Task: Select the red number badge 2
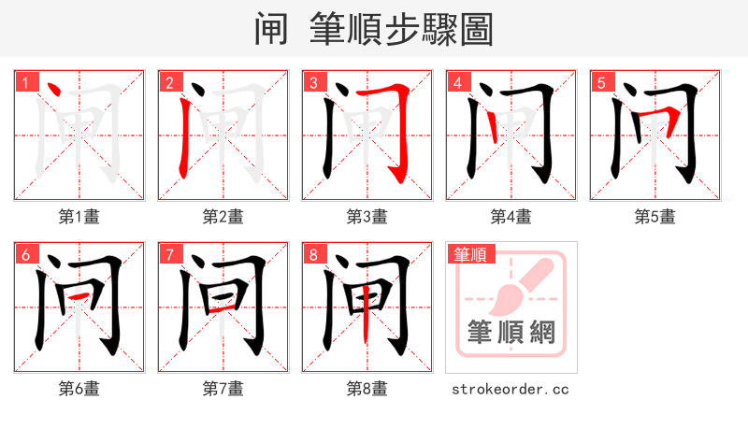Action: coord(168,82)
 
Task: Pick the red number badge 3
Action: coord(312,82)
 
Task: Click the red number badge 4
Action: coord(456,82)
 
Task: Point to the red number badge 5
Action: coord(600,82)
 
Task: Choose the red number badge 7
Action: coord(168,254)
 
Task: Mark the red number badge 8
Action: coord(312,254)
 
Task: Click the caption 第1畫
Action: coord(79,217)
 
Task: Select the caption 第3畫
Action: coord(367,217)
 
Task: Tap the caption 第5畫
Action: coord(654,217)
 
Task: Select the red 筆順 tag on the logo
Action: coord(469,253)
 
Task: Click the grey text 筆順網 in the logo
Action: coord(511,332)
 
